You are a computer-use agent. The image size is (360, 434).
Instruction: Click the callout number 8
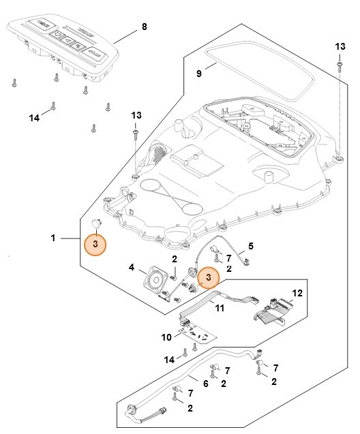(x=144, y=27)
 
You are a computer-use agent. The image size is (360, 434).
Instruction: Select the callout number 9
(x=199, y=73)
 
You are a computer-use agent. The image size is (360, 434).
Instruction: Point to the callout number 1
(x=52, y=238)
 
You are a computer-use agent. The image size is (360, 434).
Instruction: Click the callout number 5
(x=250, y=245)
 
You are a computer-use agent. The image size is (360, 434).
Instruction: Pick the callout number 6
(x=206, y=384)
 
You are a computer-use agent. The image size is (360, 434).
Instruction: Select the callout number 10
(x=166, y=336)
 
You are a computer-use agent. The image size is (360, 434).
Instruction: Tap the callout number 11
(x=220, y=307)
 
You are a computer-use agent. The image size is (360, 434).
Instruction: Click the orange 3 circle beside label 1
(x=95, y=245)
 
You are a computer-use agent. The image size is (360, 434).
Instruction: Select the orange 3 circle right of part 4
(x=208, y=277)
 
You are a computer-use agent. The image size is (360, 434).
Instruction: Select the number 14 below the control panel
(x=34, y=118)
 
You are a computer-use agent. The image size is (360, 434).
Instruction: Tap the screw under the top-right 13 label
(x=339, y=67)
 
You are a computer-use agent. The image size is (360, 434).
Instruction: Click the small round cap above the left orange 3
(x=96, y=223)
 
